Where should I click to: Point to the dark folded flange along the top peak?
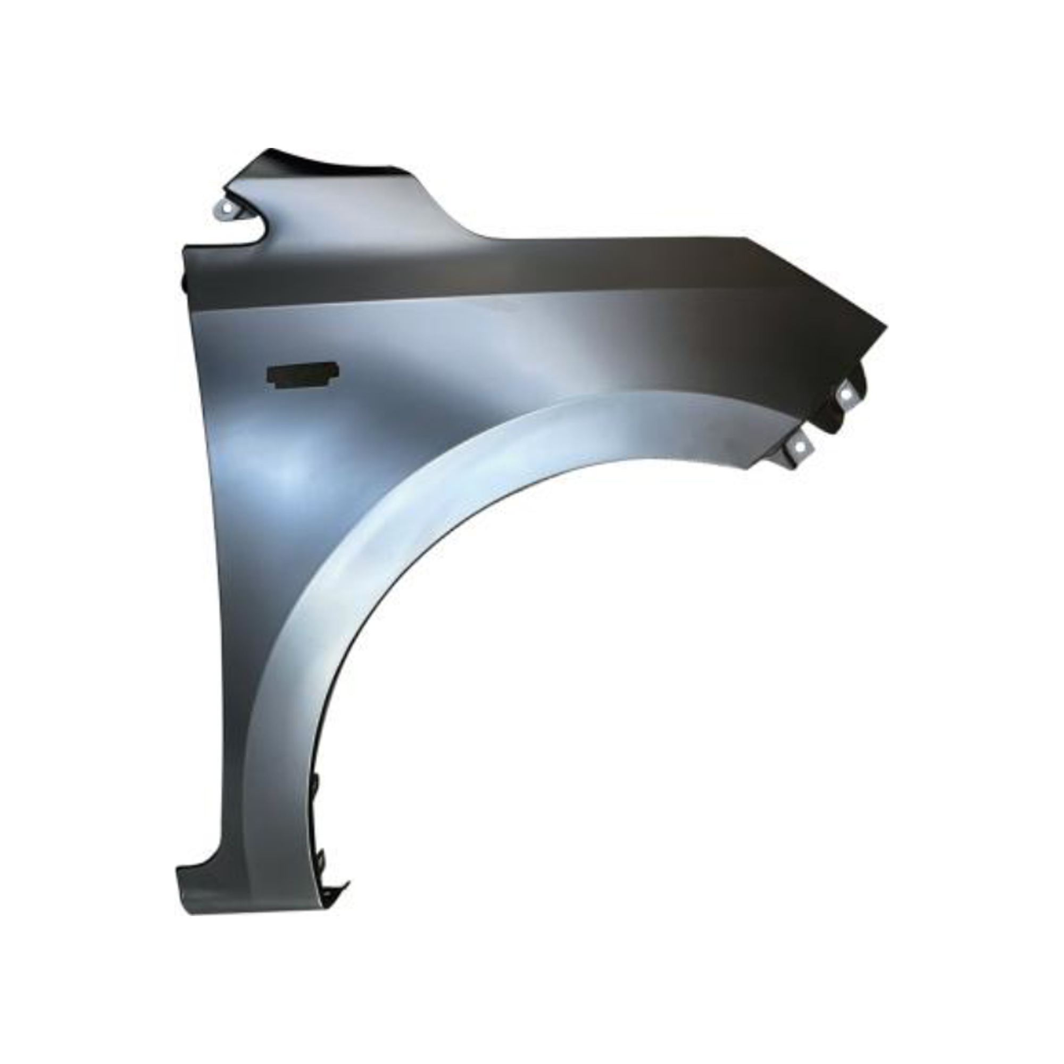coord(330,159)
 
